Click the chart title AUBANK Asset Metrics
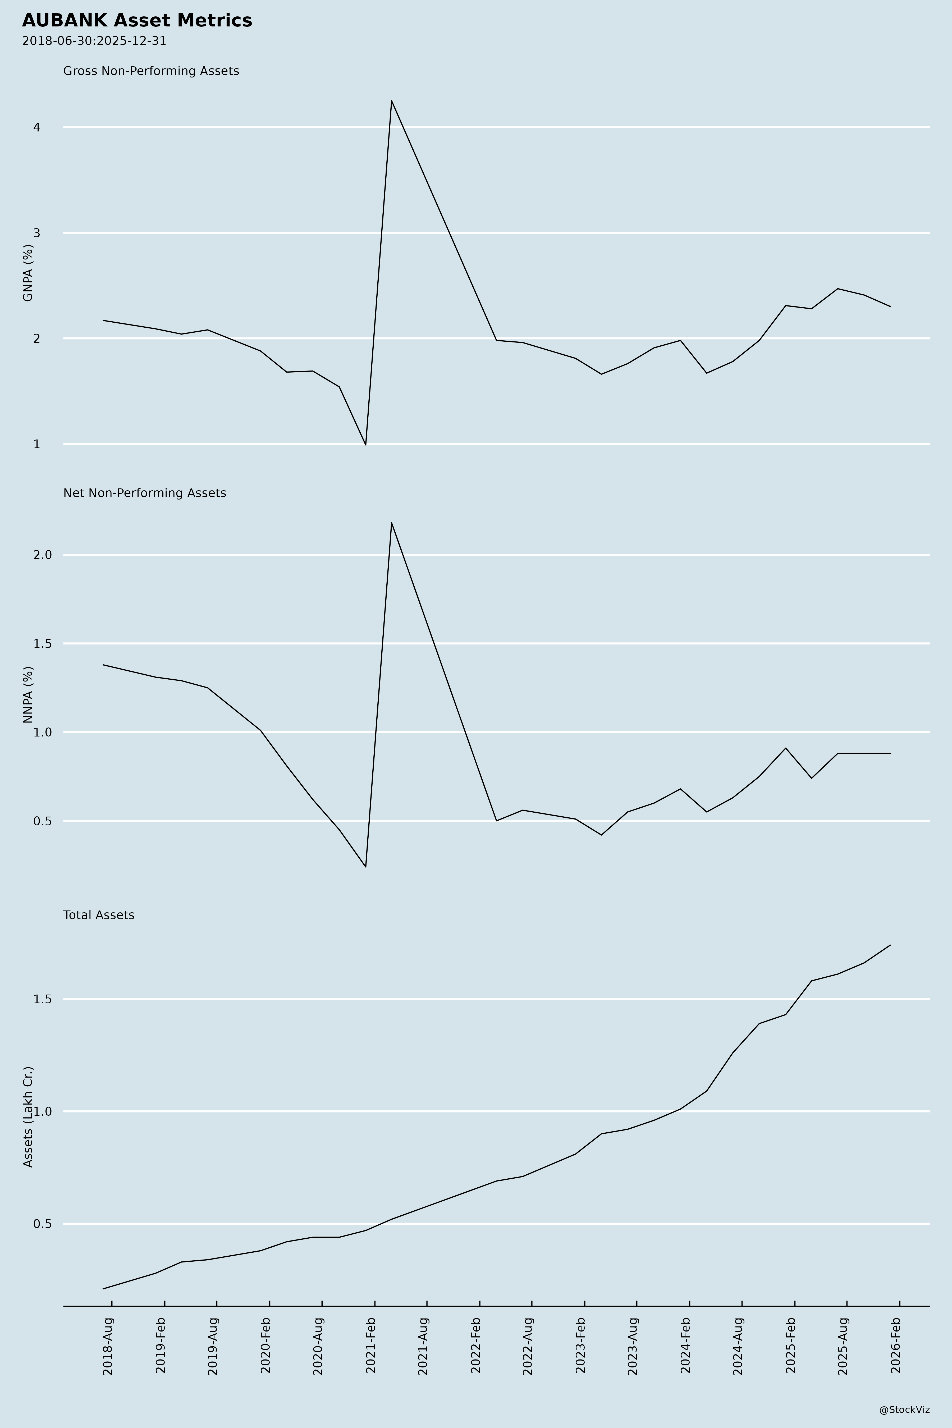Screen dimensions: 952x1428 coord(137,21)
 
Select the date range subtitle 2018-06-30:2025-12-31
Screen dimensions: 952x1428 coord(94,41)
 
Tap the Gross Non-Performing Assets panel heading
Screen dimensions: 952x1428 coord(151,71)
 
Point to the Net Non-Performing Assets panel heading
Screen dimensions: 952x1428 coord(144,493)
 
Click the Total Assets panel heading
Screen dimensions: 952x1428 coord(99,915)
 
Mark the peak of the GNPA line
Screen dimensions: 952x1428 coord(392,101)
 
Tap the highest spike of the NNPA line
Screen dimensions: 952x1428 coord(392,523)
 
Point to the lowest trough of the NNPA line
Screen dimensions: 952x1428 coord(365,866)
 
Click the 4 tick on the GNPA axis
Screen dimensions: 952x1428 coord(36,127)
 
